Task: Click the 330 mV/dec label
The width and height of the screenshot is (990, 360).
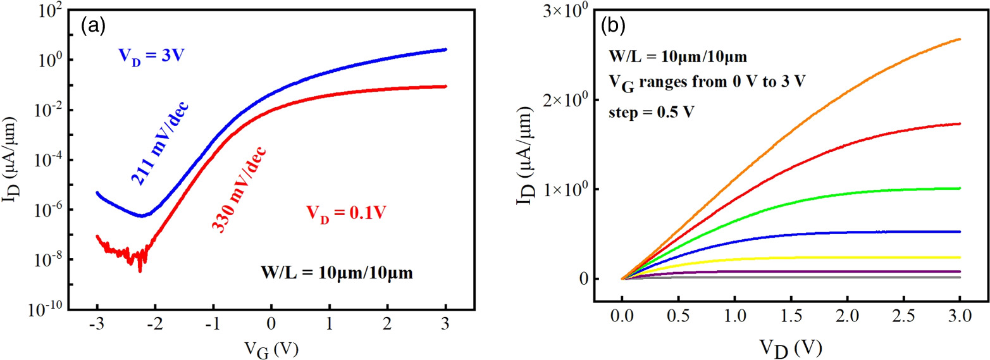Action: pos(238,189)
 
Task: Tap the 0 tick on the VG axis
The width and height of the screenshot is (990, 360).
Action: pos(271,326)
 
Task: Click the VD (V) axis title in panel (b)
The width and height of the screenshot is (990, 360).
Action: pos(791,347)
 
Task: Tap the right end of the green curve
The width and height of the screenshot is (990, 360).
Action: pos(960,188)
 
